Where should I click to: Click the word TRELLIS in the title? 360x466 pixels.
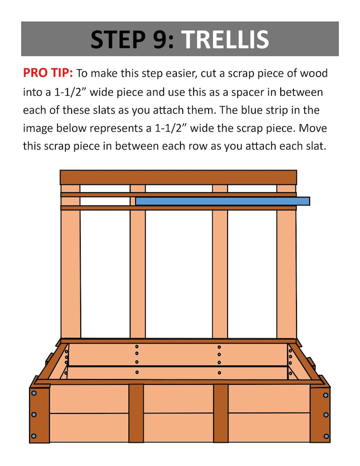pyautogui.click(x=225, y=39)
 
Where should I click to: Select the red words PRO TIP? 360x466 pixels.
pyautogui.click(x=49, y=73)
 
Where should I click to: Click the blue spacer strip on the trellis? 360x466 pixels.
pyautogui.click(x=222, y=201)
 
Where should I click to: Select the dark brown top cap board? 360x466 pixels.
pyautogui.click(x=178, y=177)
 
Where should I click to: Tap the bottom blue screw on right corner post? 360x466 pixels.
pyautogui.click(x=326, y=436)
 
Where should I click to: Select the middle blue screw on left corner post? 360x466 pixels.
pyautogui.click(x=33, y=415)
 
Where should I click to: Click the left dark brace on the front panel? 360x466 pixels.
pyautogui.click(x=136, y=413)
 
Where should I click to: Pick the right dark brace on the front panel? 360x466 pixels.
pyautogui.click(x=221, y=413)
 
